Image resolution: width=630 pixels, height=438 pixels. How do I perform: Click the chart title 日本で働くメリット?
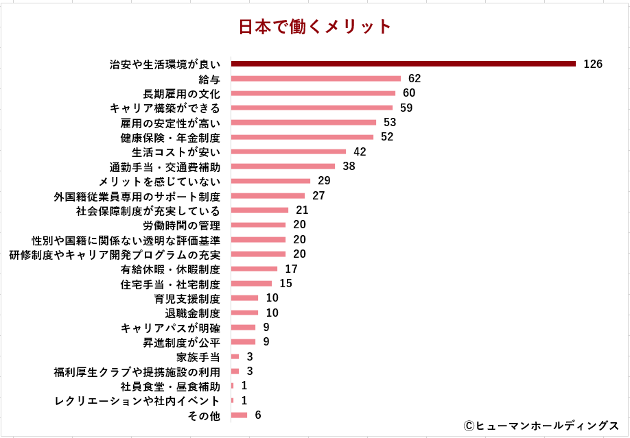pos(315,27)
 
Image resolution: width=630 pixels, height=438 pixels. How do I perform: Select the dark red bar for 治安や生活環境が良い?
pos(403,64)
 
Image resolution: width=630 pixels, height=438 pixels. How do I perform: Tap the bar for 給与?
pos(316,79)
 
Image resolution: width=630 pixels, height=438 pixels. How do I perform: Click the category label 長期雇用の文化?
pos(182,93)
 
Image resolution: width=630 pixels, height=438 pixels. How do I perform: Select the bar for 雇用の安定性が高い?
pos(303,123)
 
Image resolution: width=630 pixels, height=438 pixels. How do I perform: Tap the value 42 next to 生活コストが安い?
pos(359,151)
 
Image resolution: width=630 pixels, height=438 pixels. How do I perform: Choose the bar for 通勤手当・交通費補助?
pos(283,166)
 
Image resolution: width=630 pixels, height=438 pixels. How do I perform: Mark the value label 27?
pos(318,195)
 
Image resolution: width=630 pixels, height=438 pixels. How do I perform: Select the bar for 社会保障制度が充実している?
pos(259,210)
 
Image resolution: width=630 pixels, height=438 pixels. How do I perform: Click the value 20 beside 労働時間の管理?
pos(299,225)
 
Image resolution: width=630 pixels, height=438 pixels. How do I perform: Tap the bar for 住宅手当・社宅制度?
pos(251,284)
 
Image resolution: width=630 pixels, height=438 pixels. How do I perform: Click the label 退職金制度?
pos(192,313)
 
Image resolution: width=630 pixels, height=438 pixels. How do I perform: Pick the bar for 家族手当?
pos(235,356)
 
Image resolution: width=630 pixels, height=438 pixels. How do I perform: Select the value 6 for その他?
pos(257,415)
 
